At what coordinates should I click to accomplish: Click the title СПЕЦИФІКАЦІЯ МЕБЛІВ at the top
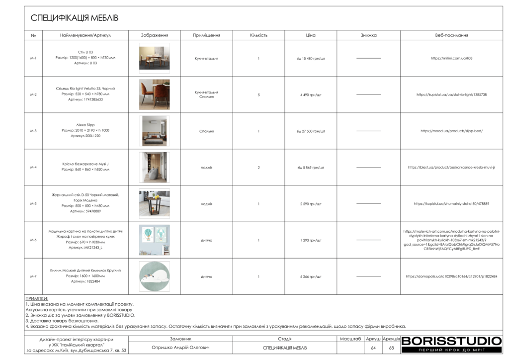pos(75,18)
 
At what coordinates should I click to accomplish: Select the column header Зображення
pos(154,35)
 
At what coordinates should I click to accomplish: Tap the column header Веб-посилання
pos(451,35)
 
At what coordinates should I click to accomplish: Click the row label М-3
pos(33,131)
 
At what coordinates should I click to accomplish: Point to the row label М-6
pos(33,240)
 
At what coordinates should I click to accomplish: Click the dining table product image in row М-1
pos(154,58)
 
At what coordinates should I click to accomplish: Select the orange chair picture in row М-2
pos(154,94)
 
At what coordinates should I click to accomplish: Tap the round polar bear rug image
pos(154,276)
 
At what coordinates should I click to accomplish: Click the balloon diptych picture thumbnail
pos(154,240)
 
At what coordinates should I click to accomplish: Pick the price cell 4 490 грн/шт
pos(311,94)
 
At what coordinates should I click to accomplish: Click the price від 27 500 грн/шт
pos(311,131)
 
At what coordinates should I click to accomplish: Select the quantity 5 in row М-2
pos(258,94)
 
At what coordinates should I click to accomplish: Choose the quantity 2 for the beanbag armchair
pos(258,168)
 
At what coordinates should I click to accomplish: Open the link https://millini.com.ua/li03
pos(451,58)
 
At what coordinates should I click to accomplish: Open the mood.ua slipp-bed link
pos(451,131)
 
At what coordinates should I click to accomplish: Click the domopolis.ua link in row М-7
pos(451,276)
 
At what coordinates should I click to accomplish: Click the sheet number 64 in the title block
pos(373,348)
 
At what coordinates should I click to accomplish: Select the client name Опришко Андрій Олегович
pos(180,348)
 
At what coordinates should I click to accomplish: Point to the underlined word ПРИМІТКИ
pos(37,299)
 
